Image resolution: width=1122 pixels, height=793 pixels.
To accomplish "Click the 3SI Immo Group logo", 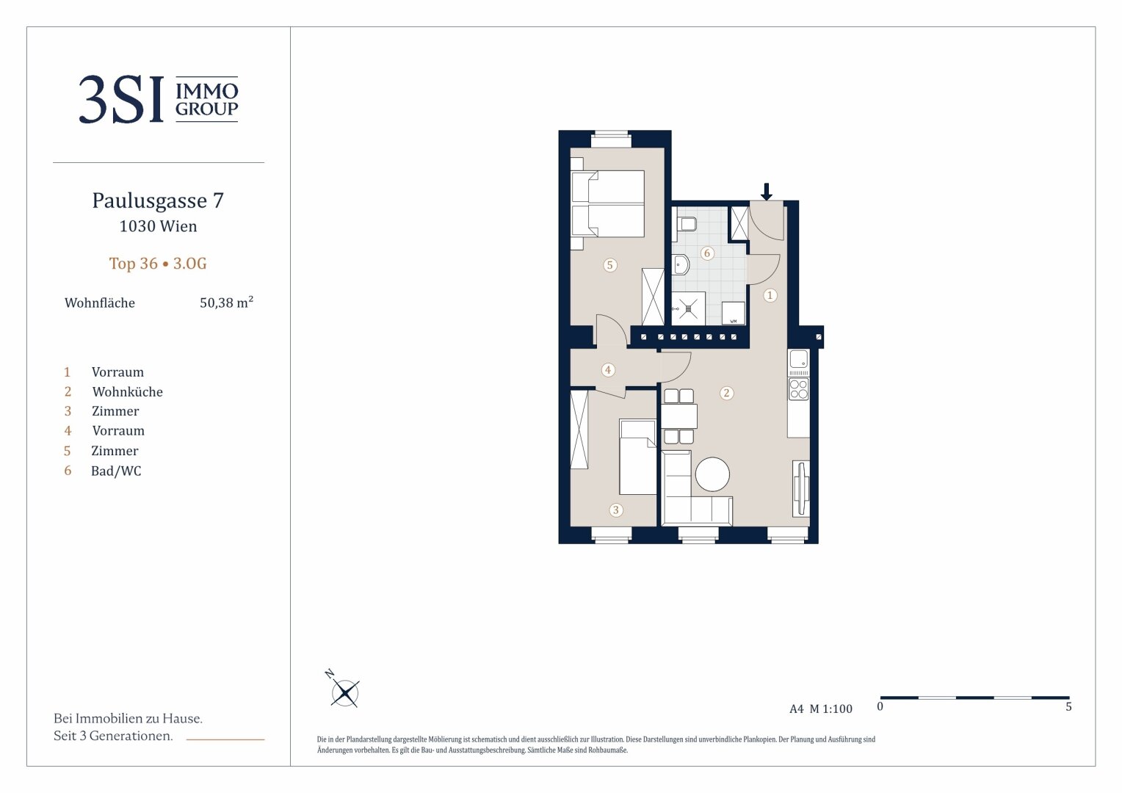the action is click(x=159, y=99).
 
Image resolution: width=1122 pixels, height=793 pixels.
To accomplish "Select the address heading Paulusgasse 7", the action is click(x=158, y=200).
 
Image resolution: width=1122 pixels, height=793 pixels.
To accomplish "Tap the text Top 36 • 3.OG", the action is click(x=158, y=263).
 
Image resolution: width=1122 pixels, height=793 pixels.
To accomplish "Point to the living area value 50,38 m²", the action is click(x=226, y=302).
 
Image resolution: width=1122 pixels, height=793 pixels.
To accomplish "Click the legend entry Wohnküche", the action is click(x=127, y=391).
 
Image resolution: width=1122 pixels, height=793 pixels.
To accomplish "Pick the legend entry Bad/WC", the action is click(x=116, y=471).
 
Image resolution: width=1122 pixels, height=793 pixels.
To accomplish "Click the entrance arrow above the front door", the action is click(x=766, y=192).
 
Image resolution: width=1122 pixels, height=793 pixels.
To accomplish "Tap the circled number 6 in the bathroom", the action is click(x=707, y=253).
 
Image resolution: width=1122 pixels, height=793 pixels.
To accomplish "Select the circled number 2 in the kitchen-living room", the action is click(x=726, y=393).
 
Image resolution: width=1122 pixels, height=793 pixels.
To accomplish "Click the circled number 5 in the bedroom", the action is click(x=609, y=264).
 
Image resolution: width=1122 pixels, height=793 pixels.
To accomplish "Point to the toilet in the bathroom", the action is click(x=684, y=224).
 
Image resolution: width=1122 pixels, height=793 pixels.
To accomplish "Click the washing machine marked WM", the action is click(x=734, y=313).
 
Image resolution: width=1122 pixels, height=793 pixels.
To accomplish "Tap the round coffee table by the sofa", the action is click(x=712, y=474).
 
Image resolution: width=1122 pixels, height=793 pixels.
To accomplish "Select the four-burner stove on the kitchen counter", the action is click(x=798, y=389).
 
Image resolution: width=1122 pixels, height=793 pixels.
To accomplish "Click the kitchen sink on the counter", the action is click(x=798, y=359).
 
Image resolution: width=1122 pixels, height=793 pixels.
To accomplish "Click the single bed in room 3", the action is click(x=637, y=457).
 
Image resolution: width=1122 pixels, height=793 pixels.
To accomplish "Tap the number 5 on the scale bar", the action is click(x=1068, y=706).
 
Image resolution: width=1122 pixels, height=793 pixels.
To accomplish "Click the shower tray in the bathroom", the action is click(x=688, y=308).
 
